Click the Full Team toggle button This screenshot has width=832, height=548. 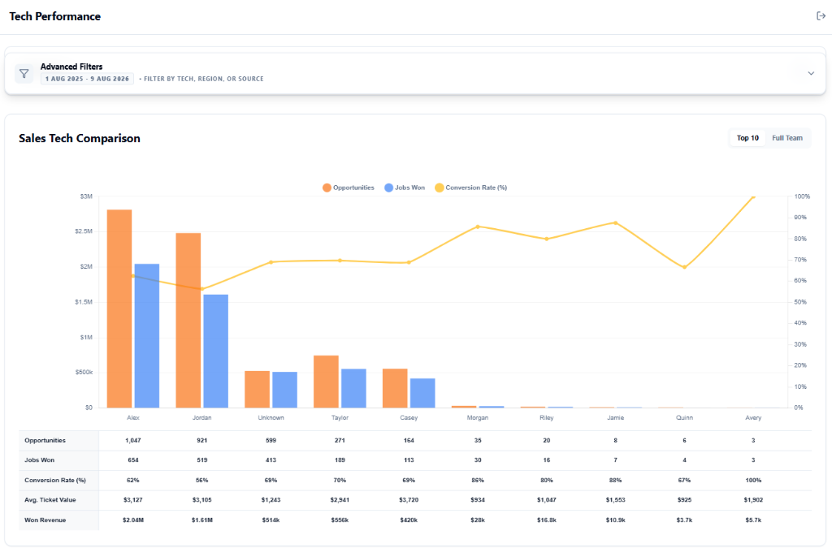[x=786, y=138]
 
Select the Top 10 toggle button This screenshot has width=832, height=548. [x=747, y=138]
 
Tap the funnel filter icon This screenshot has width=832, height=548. [x=24, y=73]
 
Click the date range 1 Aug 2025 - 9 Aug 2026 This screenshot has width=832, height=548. [x=87, y=79]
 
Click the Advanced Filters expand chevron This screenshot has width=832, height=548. [x=811, y=73]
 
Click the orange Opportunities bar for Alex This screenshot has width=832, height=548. [x=119, y=309]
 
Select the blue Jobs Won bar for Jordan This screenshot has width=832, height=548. [x=216, y=351]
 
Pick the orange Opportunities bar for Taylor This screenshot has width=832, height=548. [x=326, y=382]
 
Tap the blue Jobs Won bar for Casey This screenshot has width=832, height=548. [x=422, y=393]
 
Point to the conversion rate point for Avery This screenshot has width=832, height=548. [x=753, y=196]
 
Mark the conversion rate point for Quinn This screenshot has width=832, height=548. [x=684, y=267]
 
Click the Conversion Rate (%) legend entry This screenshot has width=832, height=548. [x=470, y=188]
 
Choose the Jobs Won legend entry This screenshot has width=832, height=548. [x=405, y=188]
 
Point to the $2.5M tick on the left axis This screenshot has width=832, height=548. [x=84, y=231]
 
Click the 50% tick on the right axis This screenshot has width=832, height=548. [x=800, y=302]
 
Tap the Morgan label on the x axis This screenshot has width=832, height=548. [x=478, y=417]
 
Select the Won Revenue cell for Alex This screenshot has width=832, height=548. [x=133, y=520]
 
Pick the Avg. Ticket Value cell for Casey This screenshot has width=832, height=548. [x=409, y=500]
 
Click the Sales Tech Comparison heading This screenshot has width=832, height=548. [x=80, y=138]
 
